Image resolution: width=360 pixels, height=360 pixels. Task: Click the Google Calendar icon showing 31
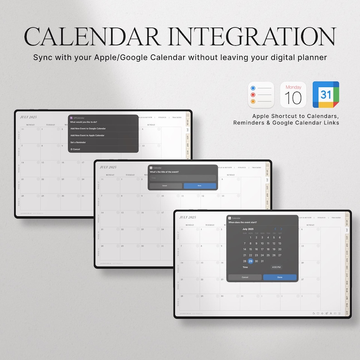tap(326, 95)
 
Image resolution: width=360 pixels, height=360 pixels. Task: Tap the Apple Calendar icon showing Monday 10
tap(293, 95)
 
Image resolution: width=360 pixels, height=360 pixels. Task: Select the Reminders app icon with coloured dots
tap(261, 95)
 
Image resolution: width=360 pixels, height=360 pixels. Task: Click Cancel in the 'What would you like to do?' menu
tap(75, 149)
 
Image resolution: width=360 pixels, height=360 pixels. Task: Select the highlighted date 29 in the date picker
tap(250, 261)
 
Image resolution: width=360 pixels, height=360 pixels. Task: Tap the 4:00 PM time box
tap(276, 268)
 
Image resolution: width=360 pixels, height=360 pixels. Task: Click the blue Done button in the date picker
tap(279, 277)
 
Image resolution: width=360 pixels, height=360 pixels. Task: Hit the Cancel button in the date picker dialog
tap(245, 277)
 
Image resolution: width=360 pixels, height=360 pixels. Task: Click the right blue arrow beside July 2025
tap(281, 229)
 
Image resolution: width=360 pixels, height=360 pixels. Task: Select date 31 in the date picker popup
tap(262, 261)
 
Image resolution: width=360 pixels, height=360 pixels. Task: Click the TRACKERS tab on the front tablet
tap(336, 218)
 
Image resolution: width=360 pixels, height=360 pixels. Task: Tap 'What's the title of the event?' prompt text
tap(165, 172)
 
